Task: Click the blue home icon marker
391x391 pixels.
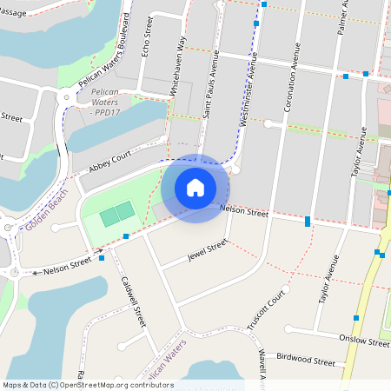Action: point(195,187)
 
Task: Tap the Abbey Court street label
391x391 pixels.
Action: point(109,163)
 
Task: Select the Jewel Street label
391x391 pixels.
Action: point(207,251)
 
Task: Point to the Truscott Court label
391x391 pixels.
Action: point(266,310)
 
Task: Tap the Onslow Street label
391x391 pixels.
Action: point(365,341)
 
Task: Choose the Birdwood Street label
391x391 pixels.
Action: point(305,359)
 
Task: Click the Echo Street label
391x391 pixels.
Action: point(148,36)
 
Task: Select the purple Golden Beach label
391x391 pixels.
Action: point(45,213)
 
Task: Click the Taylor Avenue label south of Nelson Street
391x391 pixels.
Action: point(328,278)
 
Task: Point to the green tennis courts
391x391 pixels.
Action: point(116,215)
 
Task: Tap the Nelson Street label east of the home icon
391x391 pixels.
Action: point(244,210)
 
